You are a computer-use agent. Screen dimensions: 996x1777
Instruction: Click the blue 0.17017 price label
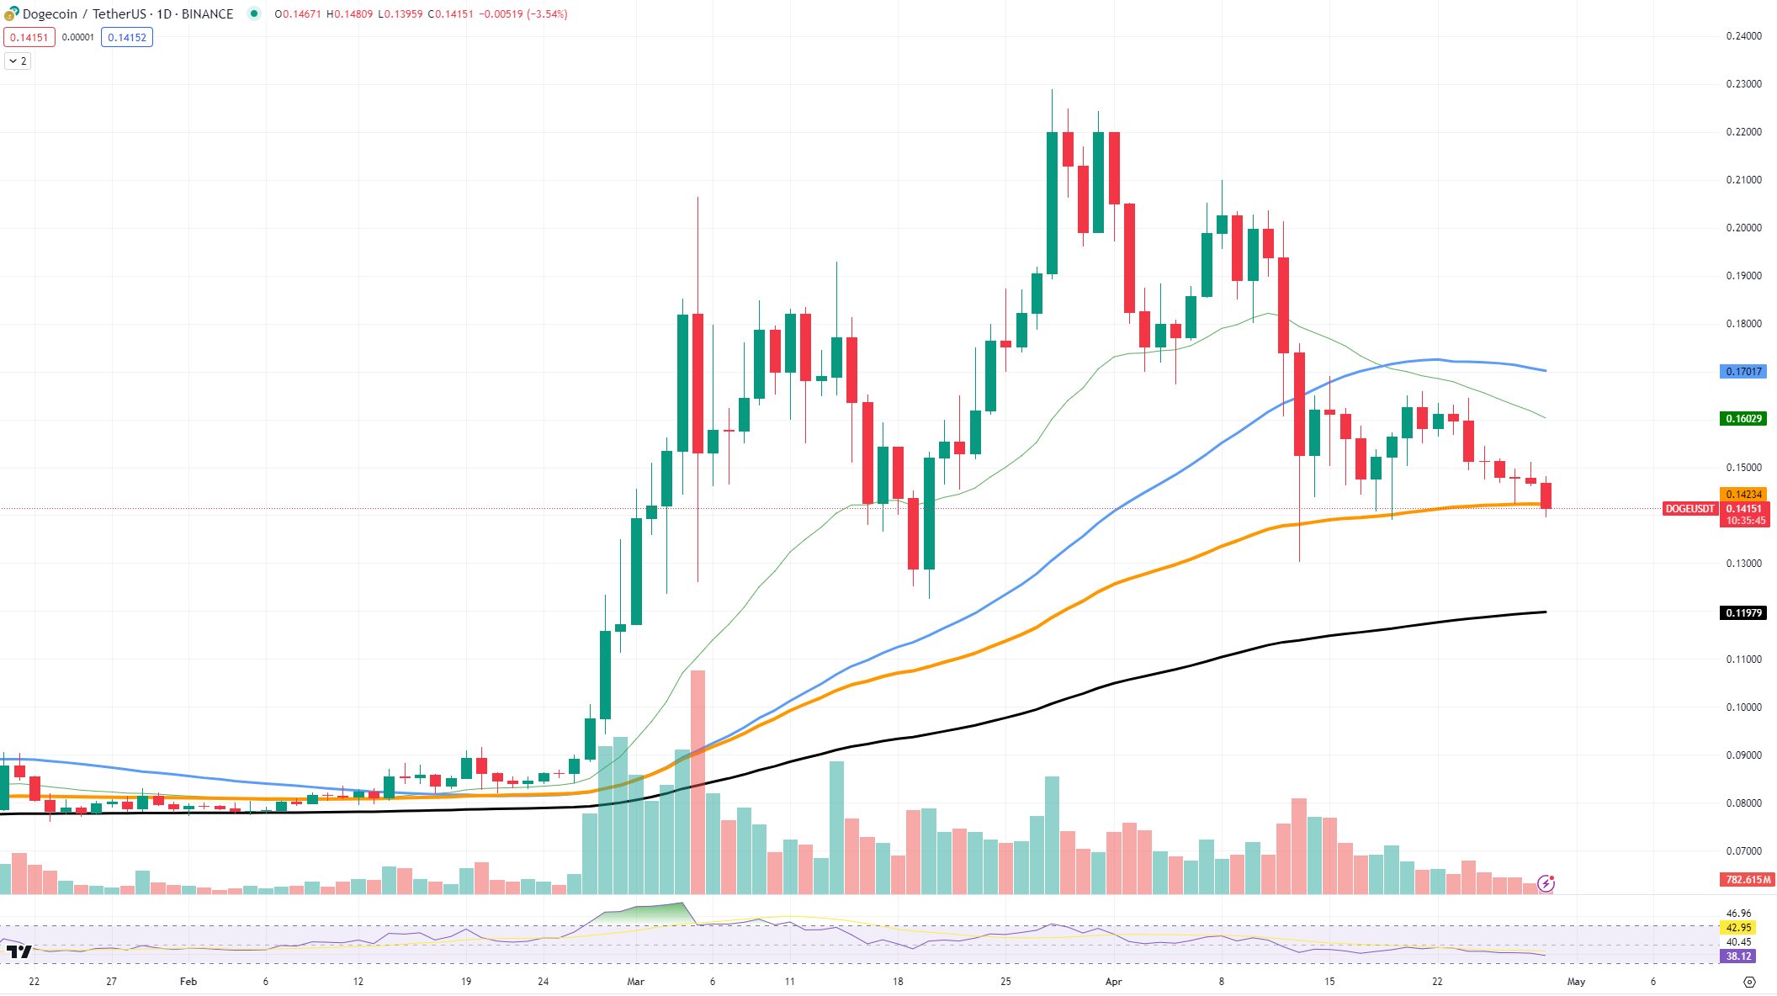1743,371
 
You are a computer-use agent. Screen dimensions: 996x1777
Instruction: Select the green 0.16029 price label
1743,418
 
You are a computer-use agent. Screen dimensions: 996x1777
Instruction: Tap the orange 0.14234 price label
1743,494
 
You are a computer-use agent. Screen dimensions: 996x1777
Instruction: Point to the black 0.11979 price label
1743,612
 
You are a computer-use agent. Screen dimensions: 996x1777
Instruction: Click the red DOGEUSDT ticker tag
1689,509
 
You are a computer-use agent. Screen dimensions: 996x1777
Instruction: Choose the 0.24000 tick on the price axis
1743,36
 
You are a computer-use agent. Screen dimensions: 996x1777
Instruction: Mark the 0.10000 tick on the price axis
1743,707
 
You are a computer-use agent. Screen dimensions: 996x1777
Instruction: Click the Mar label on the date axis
636,982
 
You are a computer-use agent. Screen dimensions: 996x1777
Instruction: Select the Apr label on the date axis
1113,982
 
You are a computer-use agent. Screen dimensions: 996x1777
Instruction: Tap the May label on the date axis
1576,982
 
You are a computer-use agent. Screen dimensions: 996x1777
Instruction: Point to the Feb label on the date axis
188,982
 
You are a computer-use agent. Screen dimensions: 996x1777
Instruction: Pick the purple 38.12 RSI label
1738,956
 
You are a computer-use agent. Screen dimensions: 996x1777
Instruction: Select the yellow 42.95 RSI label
1738,928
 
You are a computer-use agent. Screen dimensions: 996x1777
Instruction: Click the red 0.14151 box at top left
29,37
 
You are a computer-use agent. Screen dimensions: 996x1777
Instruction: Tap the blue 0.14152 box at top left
127,37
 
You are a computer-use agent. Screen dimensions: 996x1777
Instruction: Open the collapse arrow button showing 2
18,61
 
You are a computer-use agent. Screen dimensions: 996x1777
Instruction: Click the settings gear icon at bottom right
1749,982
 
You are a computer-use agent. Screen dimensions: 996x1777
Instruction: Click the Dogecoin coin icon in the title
11,14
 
